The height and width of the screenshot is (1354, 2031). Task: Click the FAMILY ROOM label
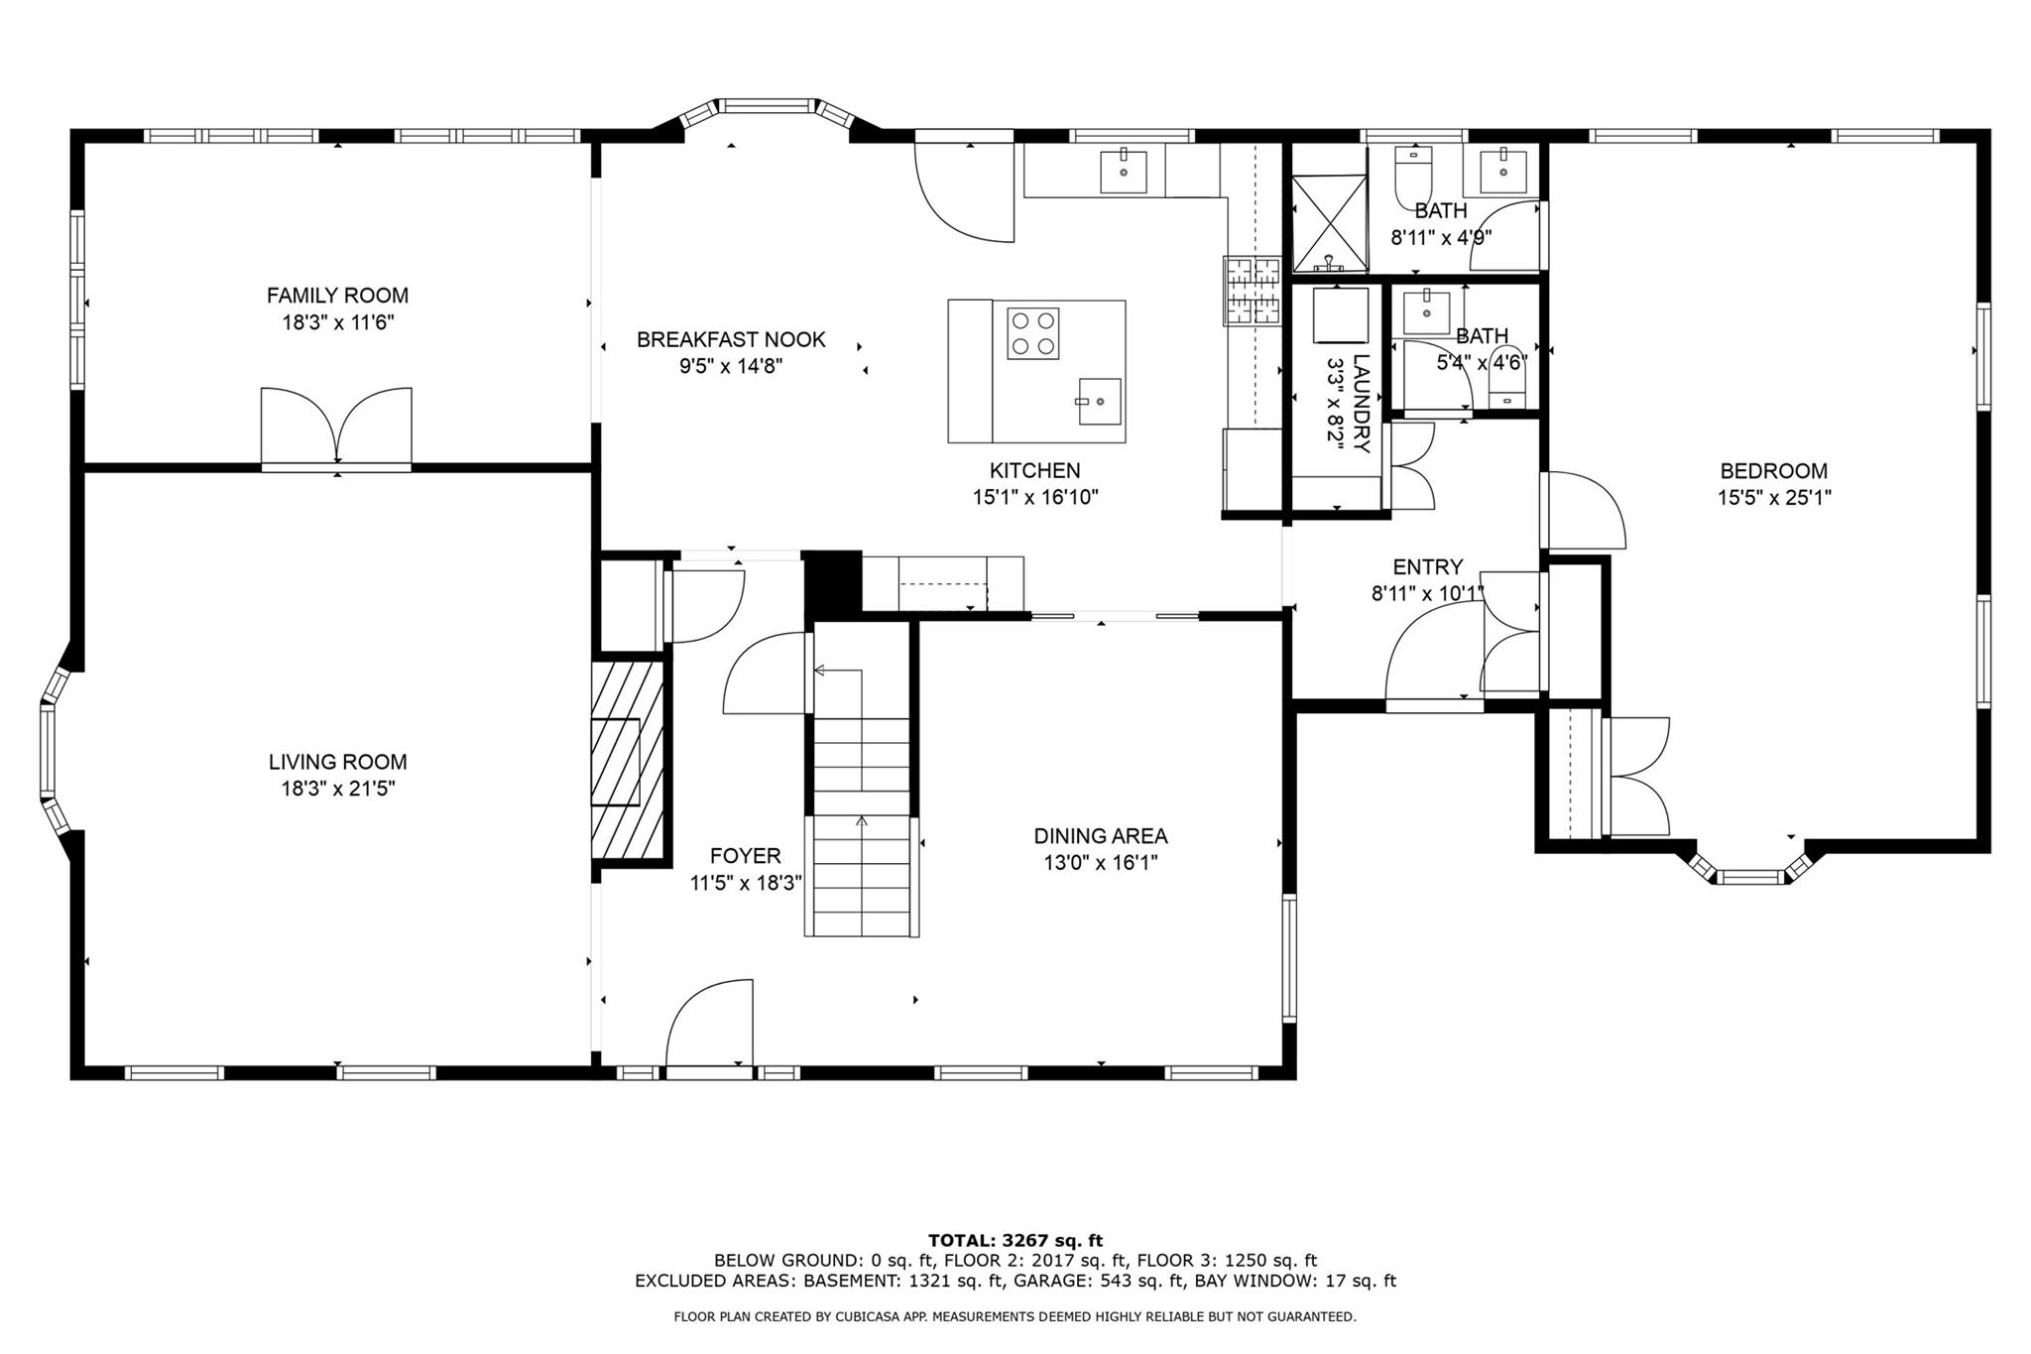(337, 295)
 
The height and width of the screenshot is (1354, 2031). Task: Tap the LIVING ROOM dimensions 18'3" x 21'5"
(338, 789)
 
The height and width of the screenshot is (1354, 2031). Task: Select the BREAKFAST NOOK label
(731, 340)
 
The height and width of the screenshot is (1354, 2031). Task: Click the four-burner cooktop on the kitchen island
(1032, 333)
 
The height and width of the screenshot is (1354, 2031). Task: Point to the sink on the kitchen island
(1099, 401)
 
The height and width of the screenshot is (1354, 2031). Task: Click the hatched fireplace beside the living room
(627, 760)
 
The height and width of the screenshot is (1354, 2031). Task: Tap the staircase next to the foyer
(861, 780)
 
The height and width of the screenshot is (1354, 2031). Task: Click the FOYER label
(745, 856)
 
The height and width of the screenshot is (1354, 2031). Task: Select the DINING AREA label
(1101, 836)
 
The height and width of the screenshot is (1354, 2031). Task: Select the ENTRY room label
(1427, 567)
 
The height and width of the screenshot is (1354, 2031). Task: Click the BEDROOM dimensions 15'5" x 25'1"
(1774, 498)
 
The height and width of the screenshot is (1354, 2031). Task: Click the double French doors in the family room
(336, 427)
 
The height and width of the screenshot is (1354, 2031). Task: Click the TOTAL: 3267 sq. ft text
(1015, 1240)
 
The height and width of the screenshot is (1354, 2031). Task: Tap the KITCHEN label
(1034, 471)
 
